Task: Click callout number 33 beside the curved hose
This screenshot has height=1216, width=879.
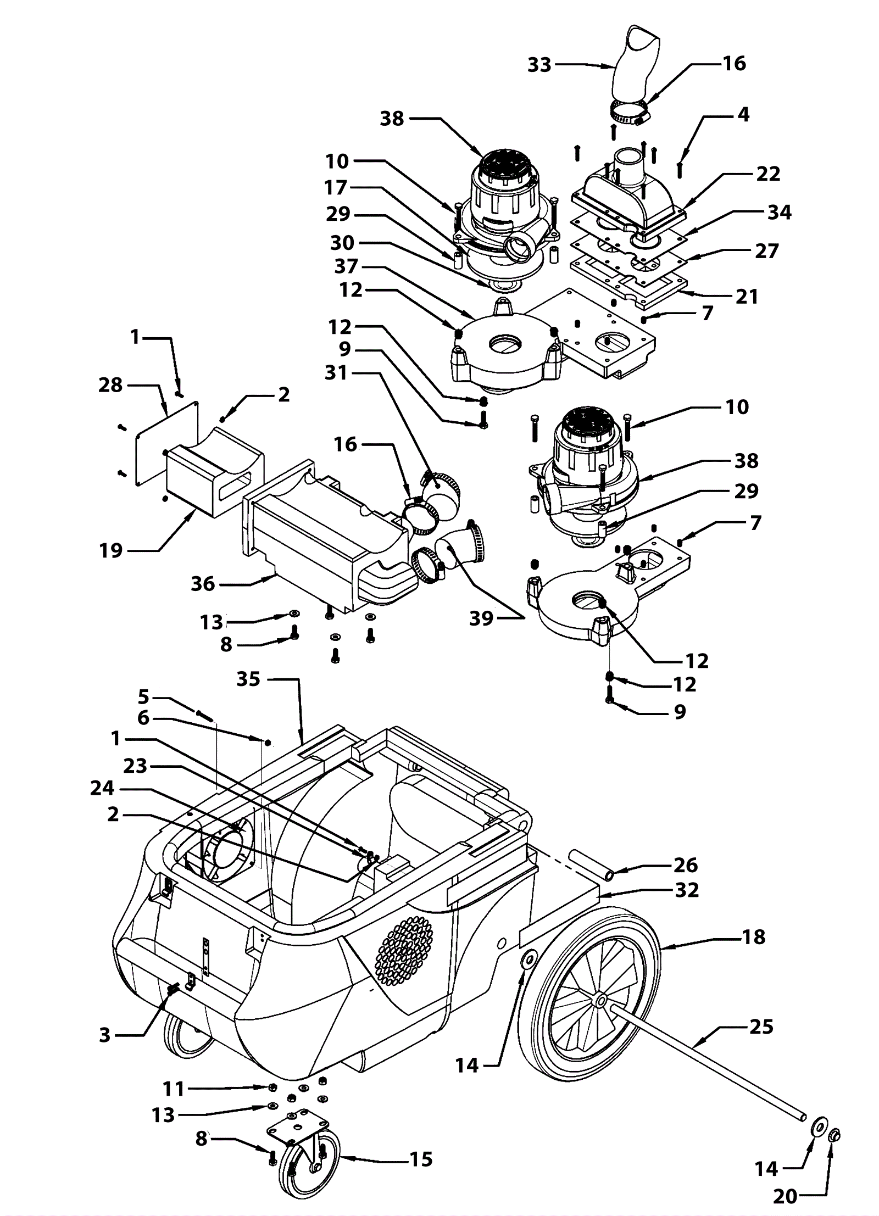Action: click(x=539, y=65)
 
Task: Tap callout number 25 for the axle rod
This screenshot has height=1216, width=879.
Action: click(x=761, y=1027)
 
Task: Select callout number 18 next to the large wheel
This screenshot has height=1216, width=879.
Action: click(x=753, y=937)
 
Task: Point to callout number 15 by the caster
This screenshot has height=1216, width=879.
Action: click(x=421, y=1159)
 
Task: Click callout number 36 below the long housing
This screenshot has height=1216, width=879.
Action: click(x=203, y=584)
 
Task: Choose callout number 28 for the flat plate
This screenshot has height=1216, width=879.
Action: click(x=110, y=385)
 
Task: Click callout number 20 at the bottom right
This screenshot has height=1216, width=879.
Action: click(x=785, y=1196)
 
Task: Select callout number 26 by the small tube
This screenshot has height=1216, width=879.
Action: click(x=686, y=865)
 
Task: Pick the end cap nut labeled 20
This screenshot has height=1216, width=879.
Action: click(x=834, y=1135)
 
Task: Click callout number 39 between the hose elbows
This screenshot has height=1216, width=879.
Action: click(x=481, y=618)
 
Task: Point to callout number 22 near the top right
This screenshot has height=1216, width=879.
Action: click(x=768, y=174)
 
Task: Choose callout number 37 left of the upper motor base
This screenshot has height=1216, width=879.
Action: click(x=346, y=266)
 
